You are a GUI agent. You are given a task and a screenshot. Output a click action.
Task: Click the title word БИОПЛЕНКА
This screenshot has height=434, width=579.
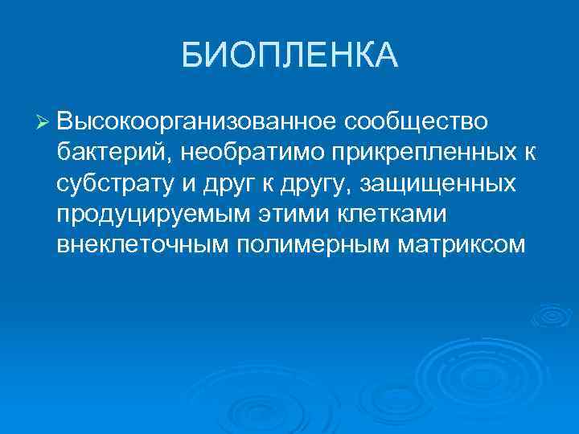click(x=289, y=55)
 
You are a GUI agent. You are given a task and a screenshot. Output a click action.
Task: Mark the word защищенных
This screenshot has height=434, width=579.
click(x=438, y=184)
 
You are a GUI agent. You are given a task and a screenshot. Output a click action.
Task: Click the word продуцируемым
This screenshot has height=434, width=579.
click(x=150, y=215)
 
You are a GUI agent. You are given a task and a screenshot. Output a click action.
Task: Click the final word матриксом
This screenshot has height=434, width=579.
click(x=461, y=245)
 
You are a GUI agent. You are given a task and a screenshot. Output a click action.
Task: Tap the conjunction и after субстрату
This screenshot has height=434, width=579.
click(x=183, y=184)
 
